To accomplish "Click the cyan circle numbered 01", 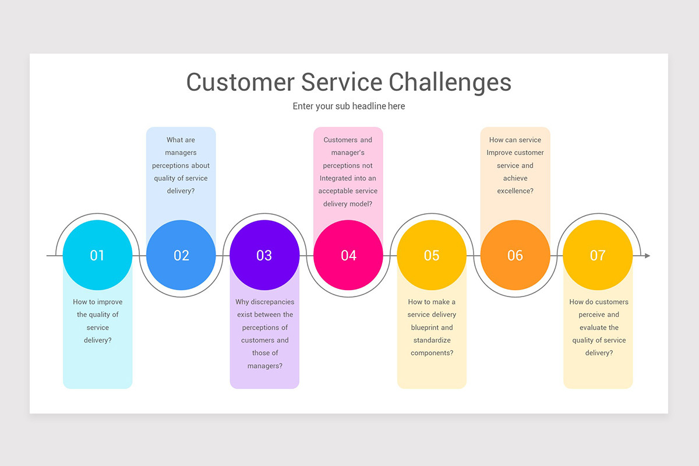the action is pyautogui.click(x=97, y=255).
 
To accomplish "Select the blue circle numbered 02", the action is pyautogui.click(x=181, y=255).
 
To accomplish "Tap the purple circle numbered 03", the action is pyautogui.click(x=264, y=255).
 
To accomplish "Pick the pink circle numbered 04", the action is pyautogui.click(x=348, y=255).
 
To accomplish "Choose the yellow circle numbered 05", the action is pyautogui.click(x=432, y=255).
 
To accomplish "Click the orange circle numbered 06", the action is pyautogui.click(x=515, y=255).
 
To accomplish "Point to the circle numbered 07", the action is pyautogui.click(x=598, y=255).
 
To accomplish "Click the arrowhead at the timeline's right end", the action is pyautogui.click(x=648, y=256).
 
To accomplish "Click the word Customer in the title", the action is pyautogui.click(x=240, y=82).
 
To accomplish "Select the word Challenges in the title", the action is pyautogui.click(x=450, y=83).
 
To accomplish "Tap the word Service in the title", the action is pyautogui.click(x=342, y=82).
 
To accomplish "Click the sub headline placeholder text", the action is pyautogui.click(x=349, y=106).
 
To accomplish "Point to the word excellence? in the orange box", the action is pyautogui.click(x=515, y=190).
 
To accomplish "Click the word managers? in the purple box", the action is pyautogui.click(x=265, y=366).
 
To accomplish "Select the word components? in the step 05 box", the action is pyautogui.click(x=432, y=353).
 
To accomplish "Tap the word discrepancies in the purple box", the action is pyautogui.click(x=274, y=302).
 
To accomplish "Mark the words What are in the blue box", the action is pyautogui.click(x=181, y=140).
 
